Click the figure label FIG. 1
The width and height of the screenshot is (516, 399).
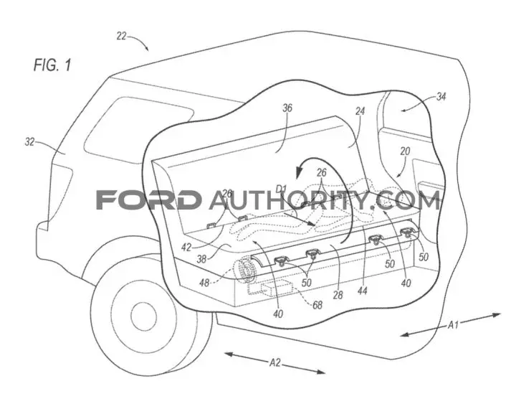[x=52, y=65]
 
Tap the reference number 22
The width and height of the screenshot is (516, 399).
[x=121, y=36]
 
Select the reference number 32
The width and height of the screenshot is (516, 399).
[x=29, y=142]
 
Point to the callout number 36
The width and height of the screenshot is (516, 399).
[x=287, y=108]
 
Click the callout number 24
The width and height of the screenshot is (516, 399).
[x=360, y=111]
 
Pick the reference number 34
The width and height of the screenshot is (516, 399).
[x=441, y=97]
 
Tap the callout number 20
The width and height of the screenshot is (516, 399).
[x=405, y=151]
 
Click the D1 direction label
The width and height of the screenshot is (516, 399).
[x=282, y=189]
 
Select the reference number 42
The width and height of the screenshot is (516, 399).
[x=186, y=247]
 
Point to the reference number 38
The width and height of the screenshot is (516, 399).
[x=201, y=259]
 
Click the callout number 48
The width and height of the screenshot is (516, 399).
[x=204, y=282]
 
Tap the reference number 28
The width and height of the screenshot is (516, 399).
[x=338, y=294]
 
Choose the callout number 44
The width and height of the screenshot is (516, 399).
[x=362, y=291]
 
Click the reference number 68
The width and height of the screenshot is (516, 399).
[x=317, y=306]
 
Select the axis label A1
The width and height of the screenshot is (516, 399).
[x=453, y=325]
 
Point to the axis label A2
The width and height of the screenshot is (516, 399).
[x=275, y=362]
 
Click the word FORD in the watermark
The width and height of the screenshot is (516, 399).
[x=149, y=199]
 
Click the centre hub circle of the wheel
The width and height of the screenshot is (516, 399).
[x=144, y=315]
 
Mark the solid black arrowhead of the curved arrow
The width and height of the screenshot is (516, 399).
[x=300, y=172]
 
